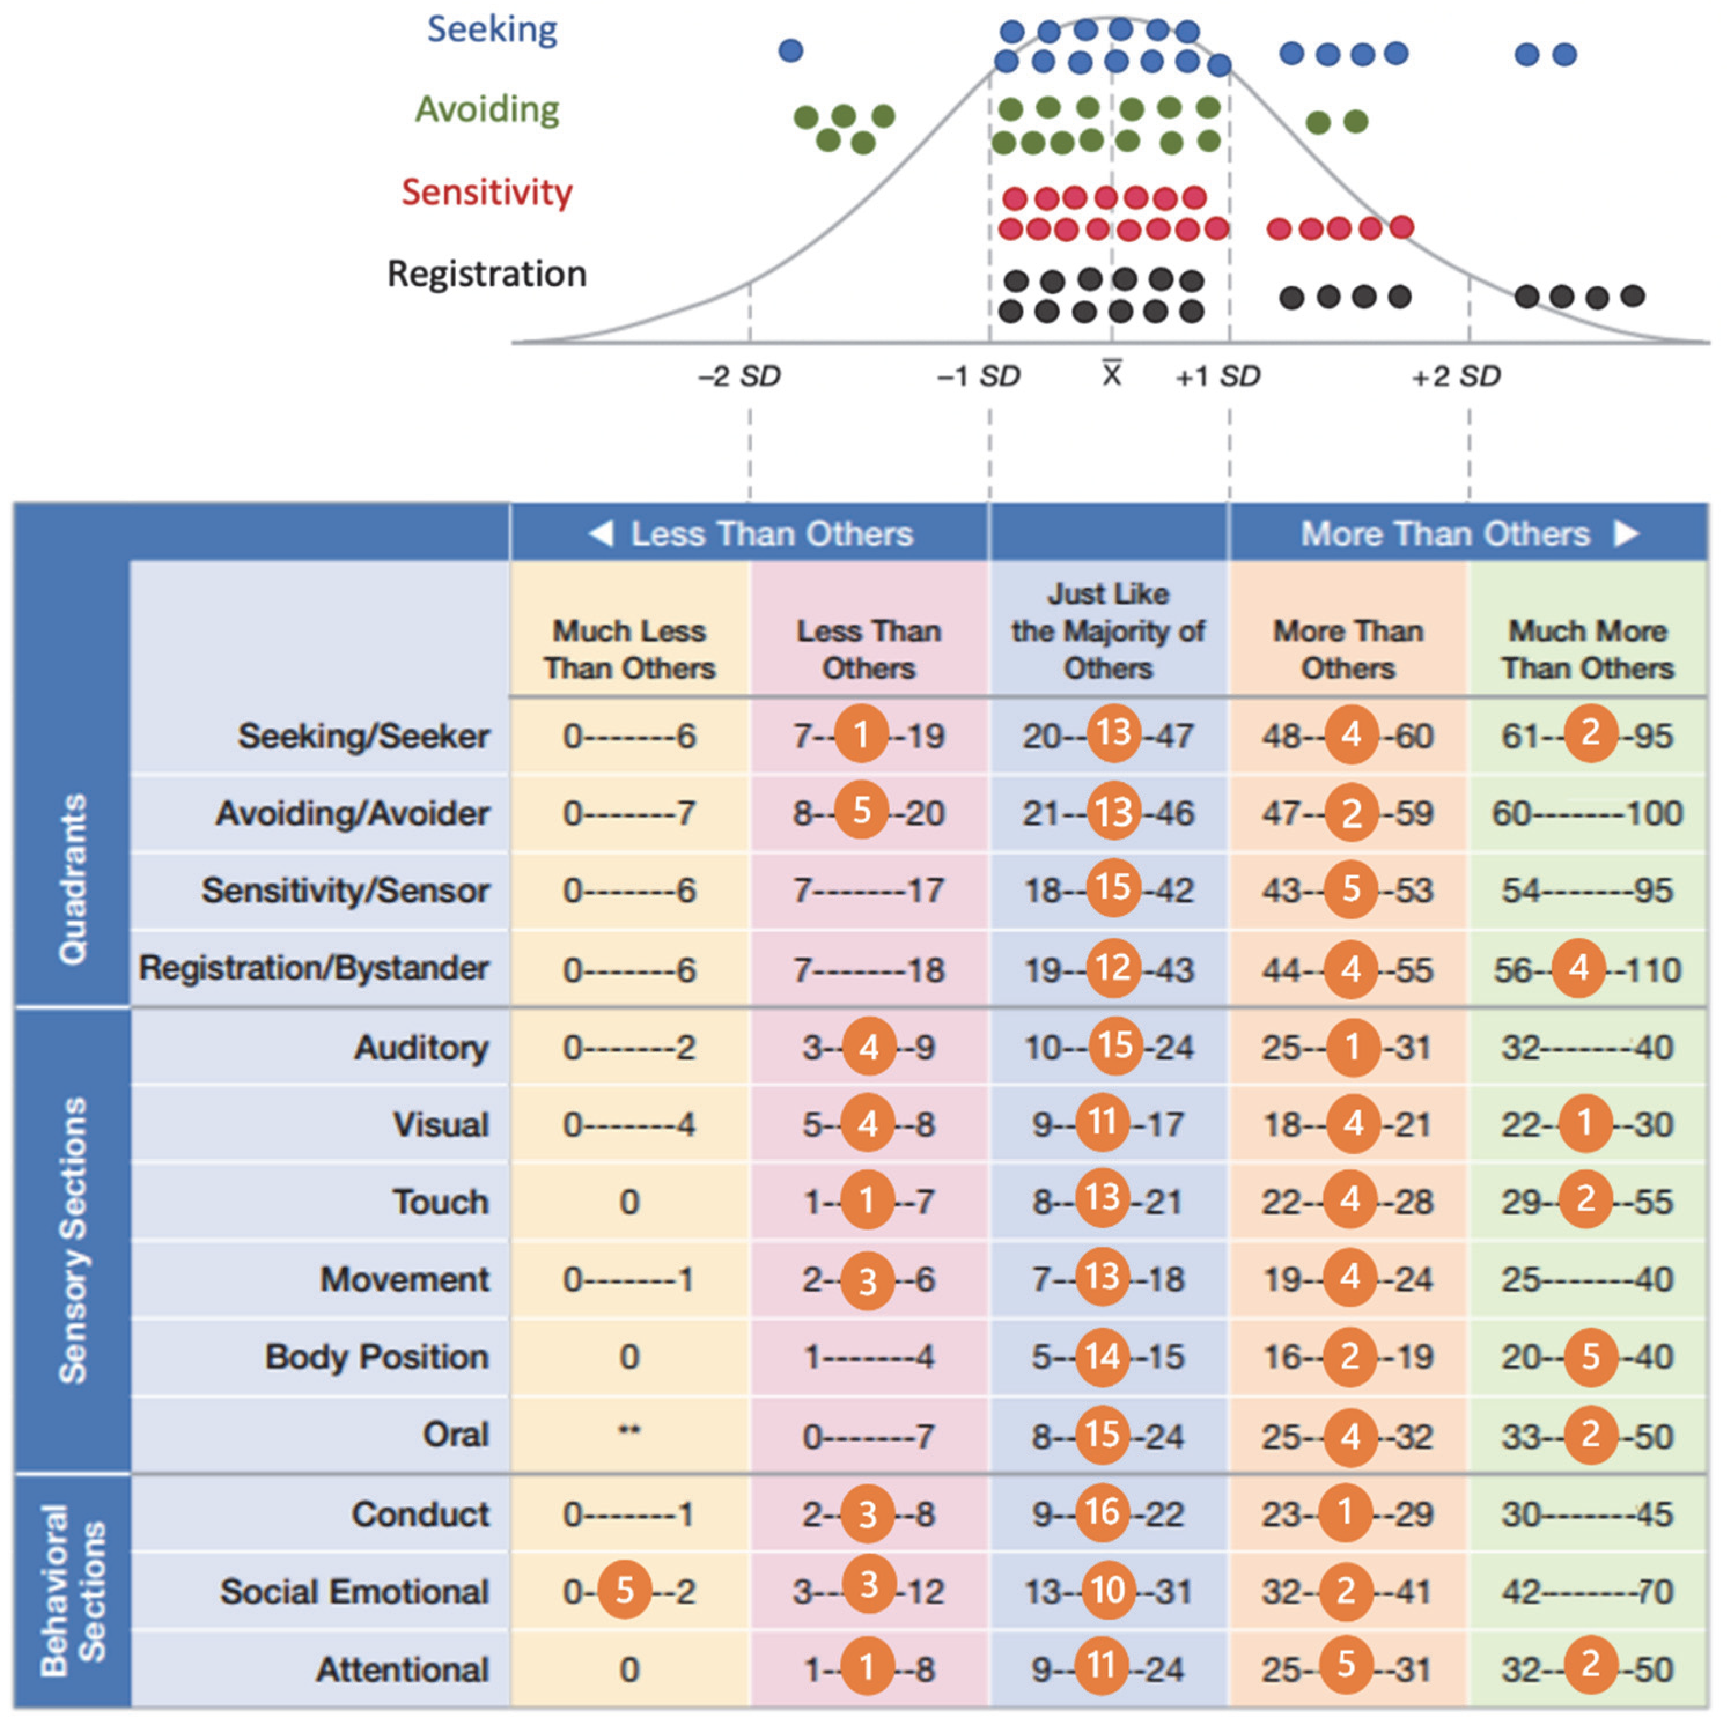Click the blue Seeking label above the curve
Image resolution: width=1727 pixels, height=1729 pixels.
coord(492,29)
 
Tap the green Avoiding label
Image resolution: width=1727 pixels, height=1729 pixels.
coord(487,109)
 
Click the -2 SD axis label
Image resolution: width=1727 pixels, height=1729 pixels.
coord(739,376)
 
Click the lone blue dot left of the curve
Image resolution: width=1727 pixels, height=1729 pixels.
coord(790,50)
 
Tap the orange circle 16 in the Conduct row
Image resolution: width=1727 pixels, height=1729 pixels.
coord(1102,1512)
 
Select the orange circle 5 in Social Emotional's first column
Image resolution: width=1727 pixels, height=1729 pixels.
coord(624,1590)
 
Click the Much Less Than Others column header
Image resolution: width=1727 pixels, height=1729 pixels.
coord(629,649)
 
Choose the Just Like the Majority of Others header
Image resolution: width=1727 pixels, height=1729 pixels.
coord(1109,630)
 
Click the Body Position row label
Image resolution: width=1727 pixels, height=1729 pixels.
coord(377,1357)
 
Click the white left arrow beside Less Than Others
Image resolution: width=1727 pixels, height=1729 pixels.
coord(601,533)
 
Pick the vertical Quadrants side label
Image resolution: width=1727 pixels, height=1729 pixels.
coord(72,878)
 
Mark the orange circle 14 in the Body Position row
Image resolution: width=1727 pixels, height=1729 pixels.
coord(1102,1357)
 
